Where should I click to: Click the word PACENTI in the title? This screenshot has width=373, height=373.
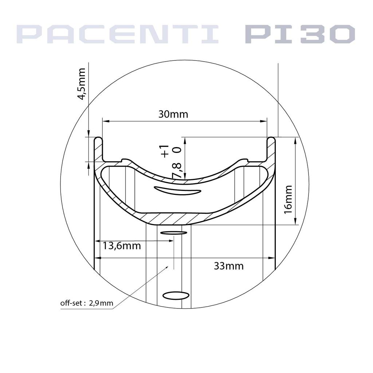click(x=117, y=34)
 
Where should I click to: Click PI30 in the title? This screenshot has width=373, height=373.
click(x=299, y=34)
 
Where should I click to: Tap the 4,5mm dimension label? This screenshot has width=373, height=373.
click(x=82, y=83)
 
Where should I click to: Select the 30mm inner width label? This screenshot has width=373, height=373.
click(x=173, y=114)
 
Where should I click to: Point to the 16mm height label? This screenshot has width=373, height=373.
click(x=288, y=199)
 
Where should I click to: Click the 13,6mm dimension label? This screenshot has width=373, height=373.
click(x=121, y=246)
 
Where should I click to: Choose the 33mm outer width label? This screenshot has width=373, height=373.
click(x=229, y=266)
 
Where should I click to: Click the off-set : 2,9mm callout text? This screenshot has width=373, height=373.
click(x=87, y=303)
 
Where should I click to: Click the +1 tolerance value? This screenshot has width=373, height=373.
click(x=165, y=151)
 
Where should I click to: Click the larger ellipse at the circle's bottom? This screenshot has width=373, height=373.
click(x=176, y=295)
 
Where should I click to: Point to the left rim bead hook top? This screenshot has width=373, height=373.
click(x=98, y=138)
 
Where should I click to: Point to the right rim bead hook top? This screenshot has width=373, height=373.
click(x=271, y=138)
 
